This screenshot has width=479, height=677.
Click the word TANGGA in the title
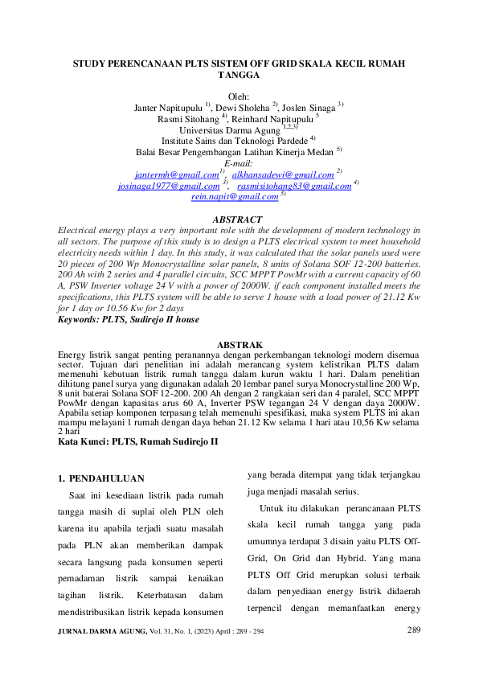pyautogui.click(x=239, y=74)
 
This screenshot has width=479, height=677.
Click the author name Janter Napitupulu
pyautogui.click(x=168, y=107)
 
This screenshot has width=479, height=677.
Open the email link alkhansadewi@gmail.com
pyautogui.click(x=283, y=174)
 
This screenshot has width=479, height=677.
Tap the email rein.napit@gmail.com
pyautogui.click(x=235, y=196)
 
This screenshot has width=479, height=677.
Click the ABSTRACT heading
pyautogui.click(x=239, y=220)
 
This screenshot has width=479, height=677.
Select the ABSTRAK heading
pyautogui.click(x=239, y=367)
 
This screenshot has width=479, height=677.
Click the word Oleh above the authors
pyautogui.click(x=239, y=96)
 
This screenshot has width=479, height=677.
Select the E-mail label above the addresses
pyautogui.click(x=239, y=162)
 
